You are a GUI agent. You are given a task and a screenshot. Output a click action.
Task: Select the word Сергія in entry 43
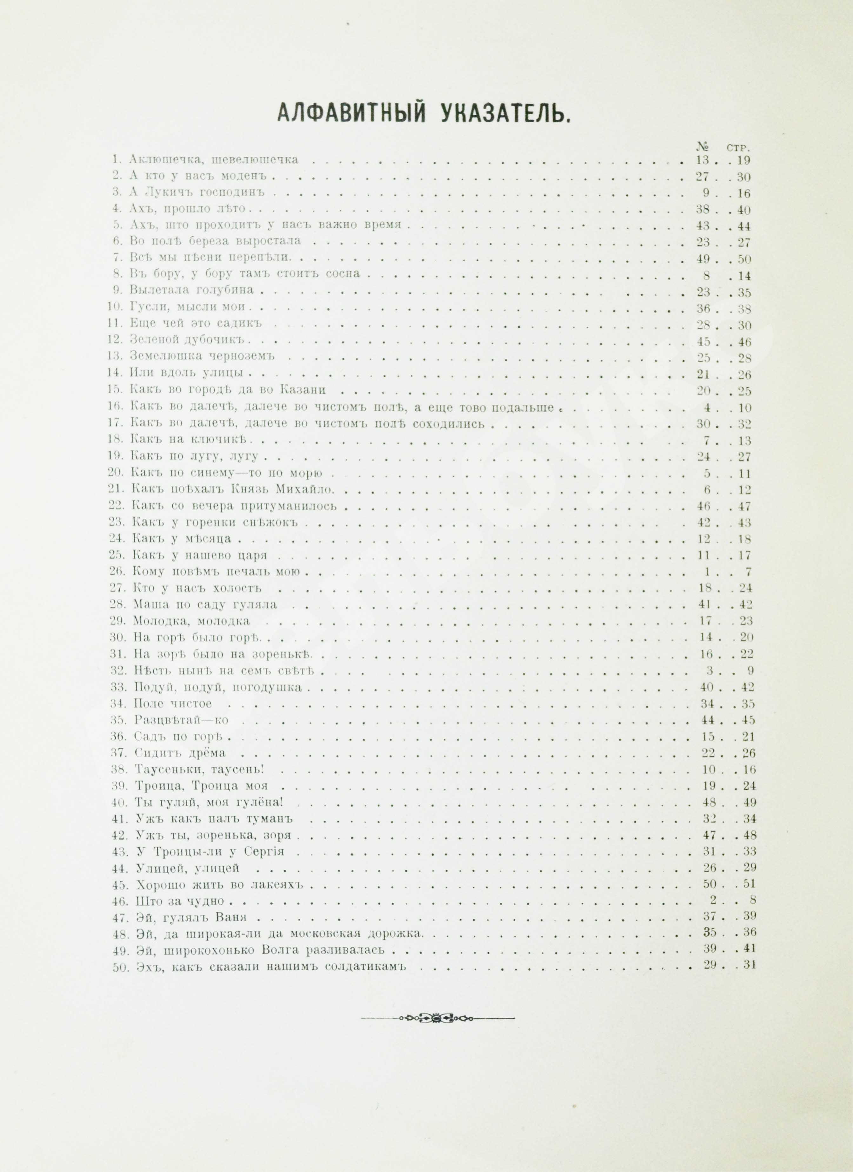pos(268,851)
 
